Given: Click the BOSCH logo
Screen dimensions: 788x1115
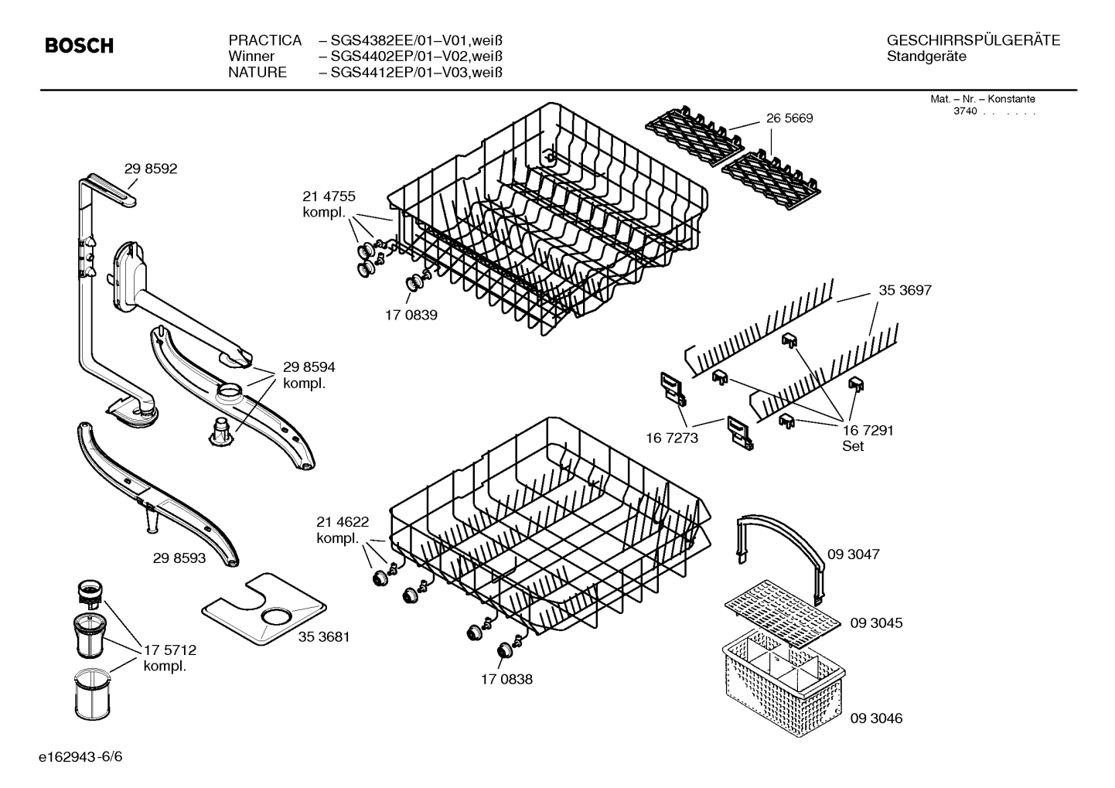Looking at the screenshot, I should pos(79,46).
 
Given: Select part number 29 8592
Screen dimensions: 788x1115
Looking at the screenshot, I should pos(151,169).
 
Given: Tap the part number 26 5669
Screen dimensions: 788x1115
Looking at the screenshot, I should pos(789,118).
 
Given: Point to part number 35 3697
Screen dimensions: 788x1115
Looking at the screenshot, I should pos(905,291).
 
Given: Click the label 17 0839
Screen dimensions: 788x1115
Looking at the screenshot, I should pos(411,316).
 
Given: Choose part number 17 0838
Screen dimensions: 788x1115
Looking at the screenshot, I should pos(506,680).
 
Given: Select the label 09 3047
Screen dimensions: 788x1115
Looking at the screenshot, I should pos(854,554).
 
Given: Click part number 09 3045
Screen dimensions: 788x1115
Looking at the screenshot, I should pos(876,623).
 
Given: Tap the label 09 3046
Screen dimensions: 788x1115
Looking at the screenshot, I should pos(876,718).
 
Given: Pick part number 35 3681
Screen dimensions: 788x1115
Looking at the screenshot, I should pos(324,637).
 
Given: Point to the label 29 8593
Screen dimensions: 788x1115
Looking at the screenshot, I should pos(179,558).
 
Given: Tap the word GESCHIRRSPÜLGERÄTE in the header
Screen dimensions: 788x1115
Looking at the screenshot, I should pos(973,40).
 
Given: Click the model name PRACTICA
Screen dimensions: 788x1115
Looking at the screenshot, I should pos(264,40).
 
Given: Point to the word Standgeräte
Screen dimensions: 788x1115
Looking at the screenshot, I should pos(926,56).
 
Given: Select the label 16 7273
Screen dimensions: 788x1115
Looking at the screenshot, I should pos(672,438).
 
